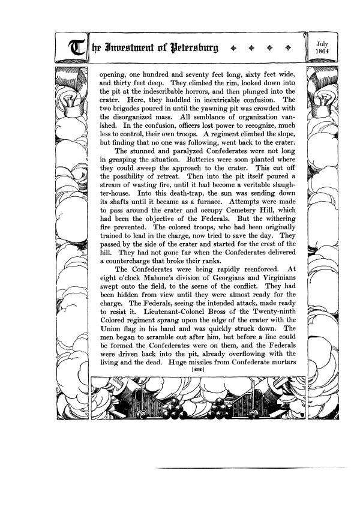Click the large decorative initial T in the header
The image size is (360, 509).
click(x=77, y=48)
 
